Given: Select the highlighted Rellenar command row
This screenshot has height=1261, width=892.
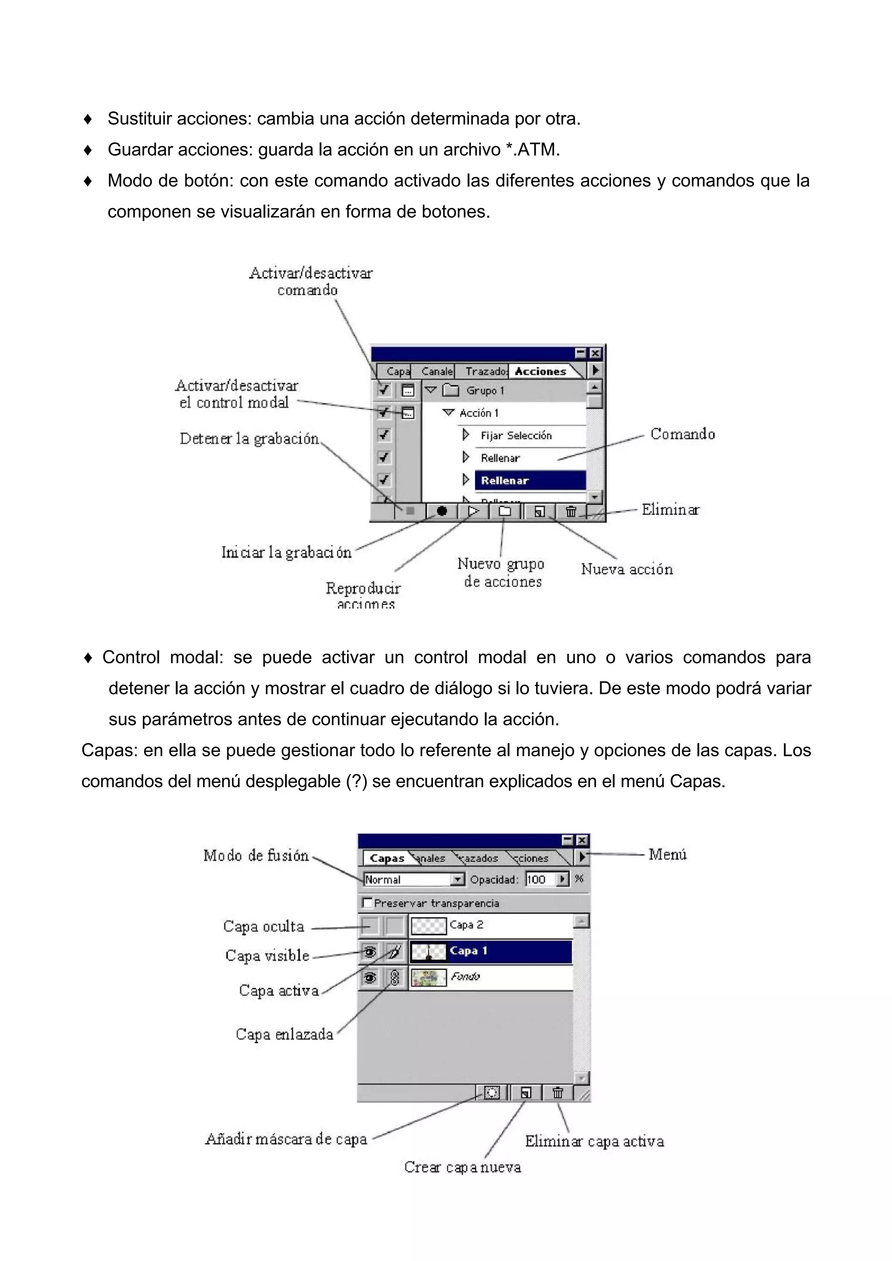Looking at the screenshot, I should pyautogui.click(x=529, y=480).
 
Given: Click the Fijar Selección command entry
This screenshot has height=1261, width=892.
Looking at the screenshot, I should pyautogui.click(x=516, y=436).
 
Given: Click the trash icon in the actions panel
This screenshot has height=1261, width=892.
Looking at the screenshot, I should pyautogui.click(x=571, y=511).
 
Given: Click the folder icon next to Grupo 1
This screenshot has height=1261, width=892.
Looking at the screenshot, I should pyautogui.click(x=451, y=390).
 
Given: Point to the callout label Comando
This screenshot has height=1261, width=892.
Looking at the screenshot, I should pyautogui.click(x=682, y=434).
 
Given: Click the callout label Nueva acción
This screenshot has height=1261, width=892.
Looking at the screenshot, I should pyautogui.click(x=627, y=569).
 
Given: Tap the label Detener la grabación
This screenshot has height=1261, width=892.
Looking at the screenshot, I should pyautogui.click(x=249, y=438).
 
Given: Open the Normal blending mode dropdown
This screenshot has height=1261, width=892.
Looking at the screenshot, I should pyautogui.click(x=457, y=879).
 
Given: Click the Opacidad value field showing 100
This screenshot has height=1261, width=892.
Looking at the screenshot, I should pyautogui.click(x=540, y=879).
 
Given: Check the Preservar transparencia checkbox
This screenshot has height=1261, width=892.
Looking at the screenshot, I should pyautogui.click(x=368, y=903).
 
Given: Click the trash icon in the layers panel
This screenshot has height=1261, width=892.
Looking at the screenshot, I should pyautogui.click(x=557, y=1093).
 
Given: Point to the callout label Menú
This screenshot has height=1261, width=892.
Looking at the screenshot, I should pyautogui.click(x=667, y=854).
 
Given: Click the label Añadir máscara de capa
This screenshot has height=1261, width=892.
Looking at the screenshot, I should pyautogui.click(x=286, y=1139).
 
